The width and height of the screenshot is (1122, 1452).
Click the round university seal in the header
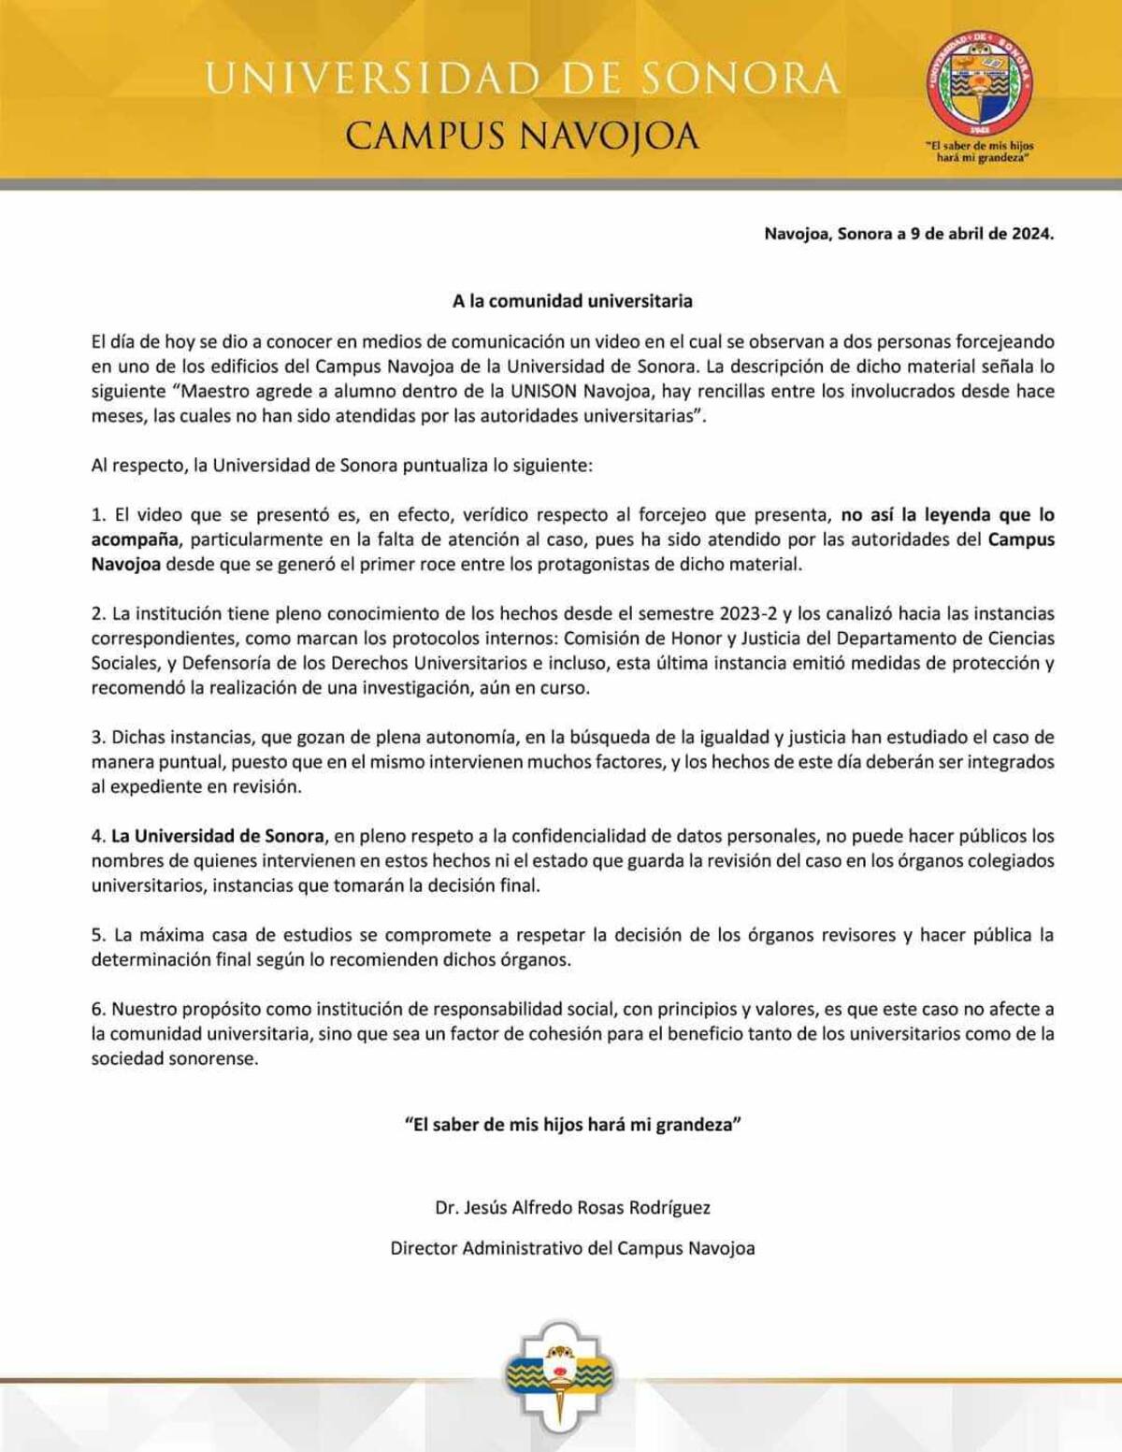point(981,81)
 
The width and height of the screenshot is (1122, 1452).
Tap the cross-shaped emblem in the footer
point(561,1374)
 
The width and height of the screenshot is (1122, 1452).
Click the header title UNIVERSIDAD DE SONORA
point(522,79)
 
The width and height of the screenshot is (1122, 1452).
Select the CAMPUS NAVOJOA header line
point(522,137)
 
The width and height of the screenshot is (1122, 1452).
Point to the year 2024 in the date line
point(1031,234)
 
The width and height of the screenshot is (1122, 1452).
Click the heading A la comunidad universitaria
point(572,301)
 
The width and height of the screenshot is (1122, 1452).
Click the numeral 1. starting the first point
point(98,515)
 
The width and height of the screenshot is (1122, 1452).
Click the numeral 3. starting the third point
point(98,738)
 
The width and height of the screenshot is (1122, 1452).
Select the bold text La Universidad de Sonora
point(218,836)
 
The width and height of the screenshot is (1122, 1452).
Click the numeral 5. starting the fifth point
point(98,935)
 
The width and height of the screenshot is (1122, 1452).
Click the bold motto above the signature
point(572,1125)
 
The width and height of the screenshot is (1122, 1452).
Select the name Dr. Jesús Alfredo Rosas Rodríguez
point(572,1208)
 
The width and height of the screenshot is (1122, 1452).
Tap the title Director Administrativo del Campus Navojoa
point(572,1248)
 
